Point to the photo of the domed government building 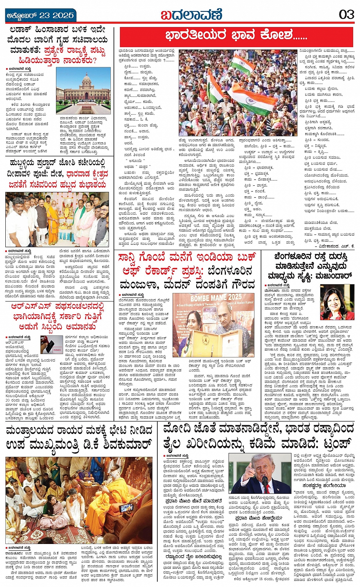83,90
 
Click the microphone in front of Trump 264,480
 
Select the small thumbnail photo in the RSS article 51,345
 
